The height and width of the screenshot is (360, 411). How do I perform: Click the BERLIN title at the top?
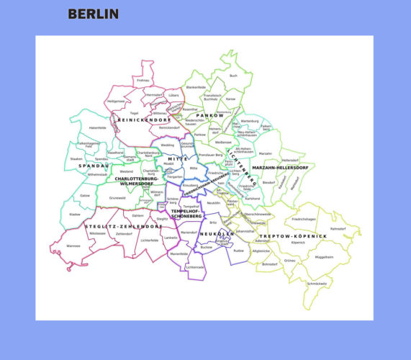click(x=93, y=14)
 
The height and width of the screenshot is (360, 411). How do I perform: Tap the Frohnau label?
click(x=143, y=80)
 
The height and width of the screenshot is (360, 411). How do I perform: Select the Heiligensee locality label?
click(x=116, y=102)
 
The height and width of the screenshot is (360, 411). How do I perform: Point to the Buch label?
click(x=232, y=76)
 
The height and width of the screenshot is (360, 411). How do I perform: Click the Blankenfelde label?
click(x=196, y=87)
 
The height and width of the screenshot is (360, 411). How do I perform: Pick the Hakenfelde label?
click(x=98, y=128)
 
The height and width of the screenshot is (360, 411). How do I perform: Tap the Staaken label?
click(x=76, y=158)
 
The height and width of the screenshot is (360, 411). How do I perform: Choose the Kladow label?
click(x=75, y=215)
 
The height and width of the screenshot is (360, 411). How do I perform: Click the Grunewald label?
click(x=117, y=197)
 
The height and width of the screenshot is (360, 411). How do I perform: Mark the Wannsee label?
click(x=73, y=246)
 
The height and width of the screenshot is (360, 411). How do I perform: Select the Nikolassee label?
click(x=97, y=233)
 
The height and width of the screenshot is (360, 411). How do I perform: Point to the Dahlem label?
click(x=138, y=216)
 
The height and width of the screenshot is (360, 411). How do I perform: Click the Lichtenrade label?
click(x=196, y=267)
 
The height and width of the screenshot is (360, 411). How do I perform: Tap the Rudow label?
click(x=239, y=250)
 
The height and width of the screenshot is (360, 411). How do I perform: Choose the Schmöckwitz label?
click(x=317, y=284)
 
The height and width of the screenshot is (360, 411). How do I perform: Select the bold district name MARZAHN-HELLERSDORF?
click(x=280, y=168)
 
